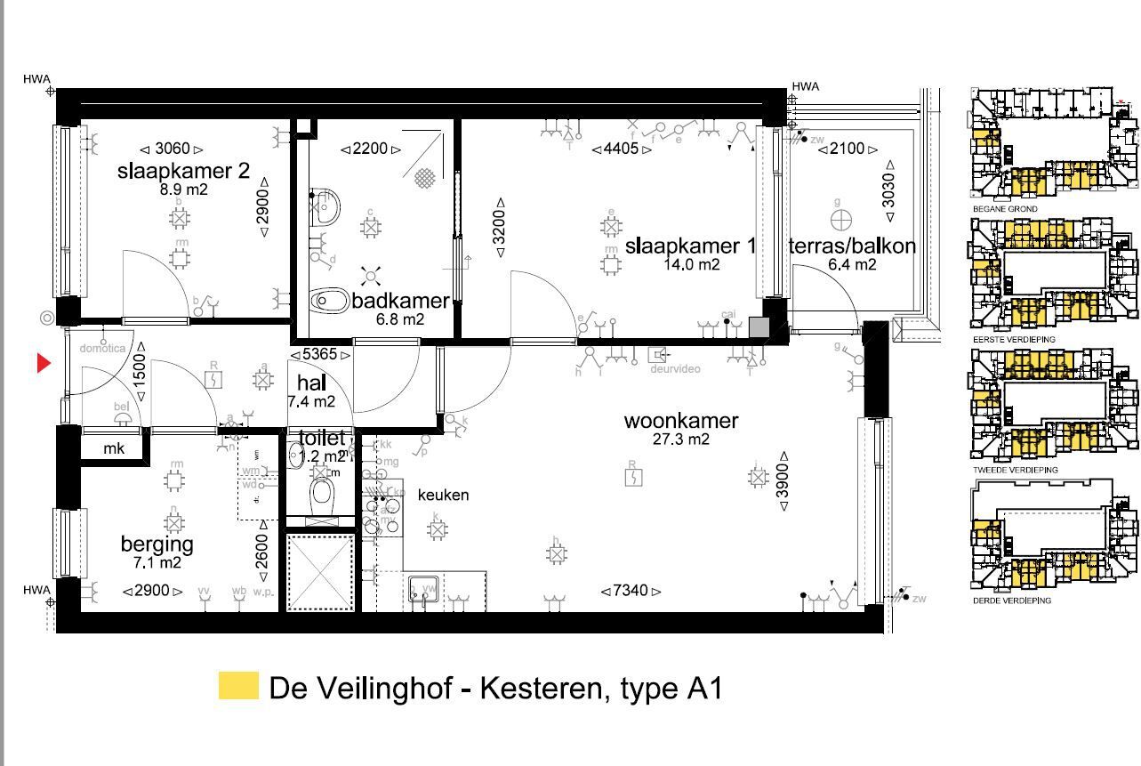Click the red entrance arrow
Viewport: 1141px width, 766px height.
click(44, 363)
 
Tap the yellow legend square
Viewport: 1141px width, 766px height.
click(238, 686)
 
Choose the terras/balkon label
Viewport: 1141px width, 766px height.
click(852, 246)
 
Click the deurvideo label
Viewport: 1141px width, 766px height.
click(676, 368)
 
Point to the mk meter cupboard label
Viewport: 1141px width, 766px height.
click(114, 449)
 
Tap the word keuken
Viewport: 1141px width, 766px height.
click(443, 495)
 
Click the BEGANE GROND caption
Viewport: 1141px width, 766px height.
click(1005, 209)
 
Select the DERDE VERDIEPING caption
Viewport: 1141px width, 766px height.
click(1012, 601)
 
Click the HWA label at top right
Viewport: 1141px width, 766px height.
click(805, 86)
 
